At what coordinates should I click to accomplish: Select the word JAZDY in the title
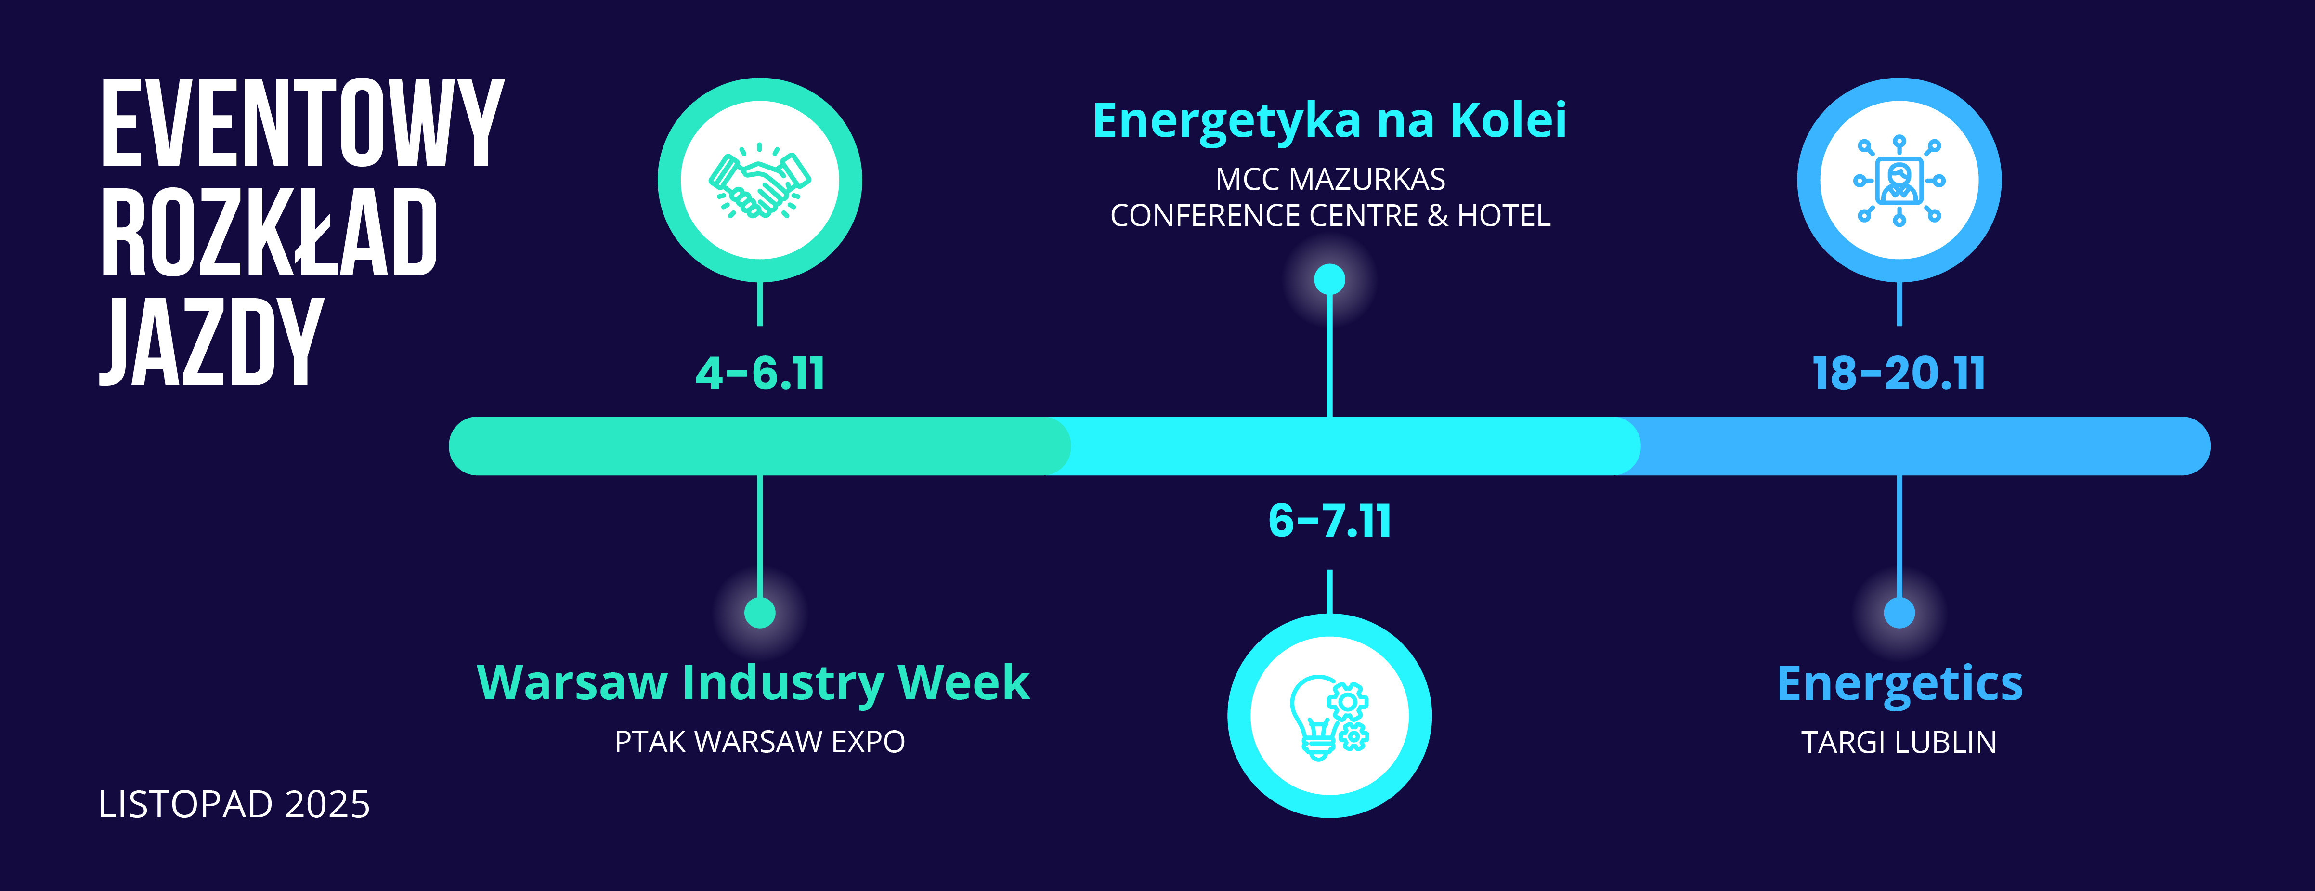coord(211,342)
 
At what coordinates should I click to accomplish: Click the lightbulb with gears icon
coord(1329,717)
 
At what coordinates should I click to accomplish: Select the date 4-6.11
coord(760,373)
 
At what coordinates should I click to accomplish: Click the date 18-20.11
coord(1899,373)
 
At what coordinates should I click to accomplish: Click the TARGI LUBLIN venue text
coord(1899,742)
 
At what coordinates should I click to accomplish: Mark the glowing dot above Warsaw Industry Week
coord(760,613)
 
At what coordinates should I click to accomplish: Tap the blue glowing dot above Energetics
coord(1899,613)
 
